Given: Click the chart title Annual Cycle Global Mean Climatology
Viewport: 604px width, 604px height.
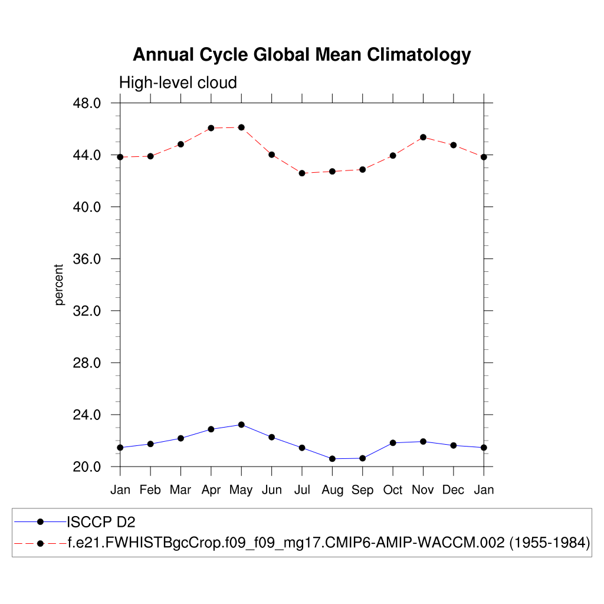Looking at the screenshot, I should tap(301, 55).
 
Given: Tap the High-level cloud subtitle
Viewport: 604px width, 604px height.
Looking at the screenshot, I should tap(178, 83).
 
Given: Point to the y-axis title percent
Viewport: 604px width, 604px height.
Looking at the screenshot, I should tap(59, 285).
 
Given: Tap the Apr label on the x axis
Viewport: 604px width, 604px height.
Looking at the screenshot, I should tap(211, 490).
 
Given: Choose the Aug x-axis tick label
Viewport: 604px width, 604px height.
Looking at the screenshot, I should tap(332, 490).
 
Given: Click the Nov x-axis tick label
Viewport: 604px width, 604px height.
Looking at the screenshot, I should tap(423, 490).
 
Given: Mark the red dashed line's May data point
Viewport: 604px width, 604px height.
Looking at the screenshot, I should tap(241, 127).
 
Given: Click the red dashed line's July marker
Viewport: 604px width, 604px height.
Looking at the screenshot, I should tap(302, 173).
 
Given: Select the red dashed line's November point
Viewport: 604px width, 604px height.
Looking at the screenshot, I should tap(423, 137).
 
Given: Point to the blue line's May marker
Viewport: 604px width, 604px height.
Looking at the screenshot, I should tap(241, 425).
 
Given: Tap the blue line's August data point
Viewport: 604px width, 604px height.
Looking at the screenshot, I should tap(332, 458).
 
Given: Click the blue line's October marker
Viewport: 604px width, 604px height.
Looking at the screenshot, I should tap(393, 443).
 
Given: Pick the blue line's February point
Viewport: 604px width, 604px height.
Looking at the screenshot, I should tap(150, 444).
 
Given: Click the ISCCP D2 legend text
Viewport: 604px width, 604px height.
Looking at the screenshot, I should tap(97, 522).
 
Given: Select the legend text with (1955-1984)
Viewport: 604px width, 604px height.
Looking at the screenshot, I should tap(329, 543).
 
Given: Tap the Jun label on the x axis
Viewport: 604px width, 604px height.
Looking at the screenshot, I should tap(271, 490).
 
